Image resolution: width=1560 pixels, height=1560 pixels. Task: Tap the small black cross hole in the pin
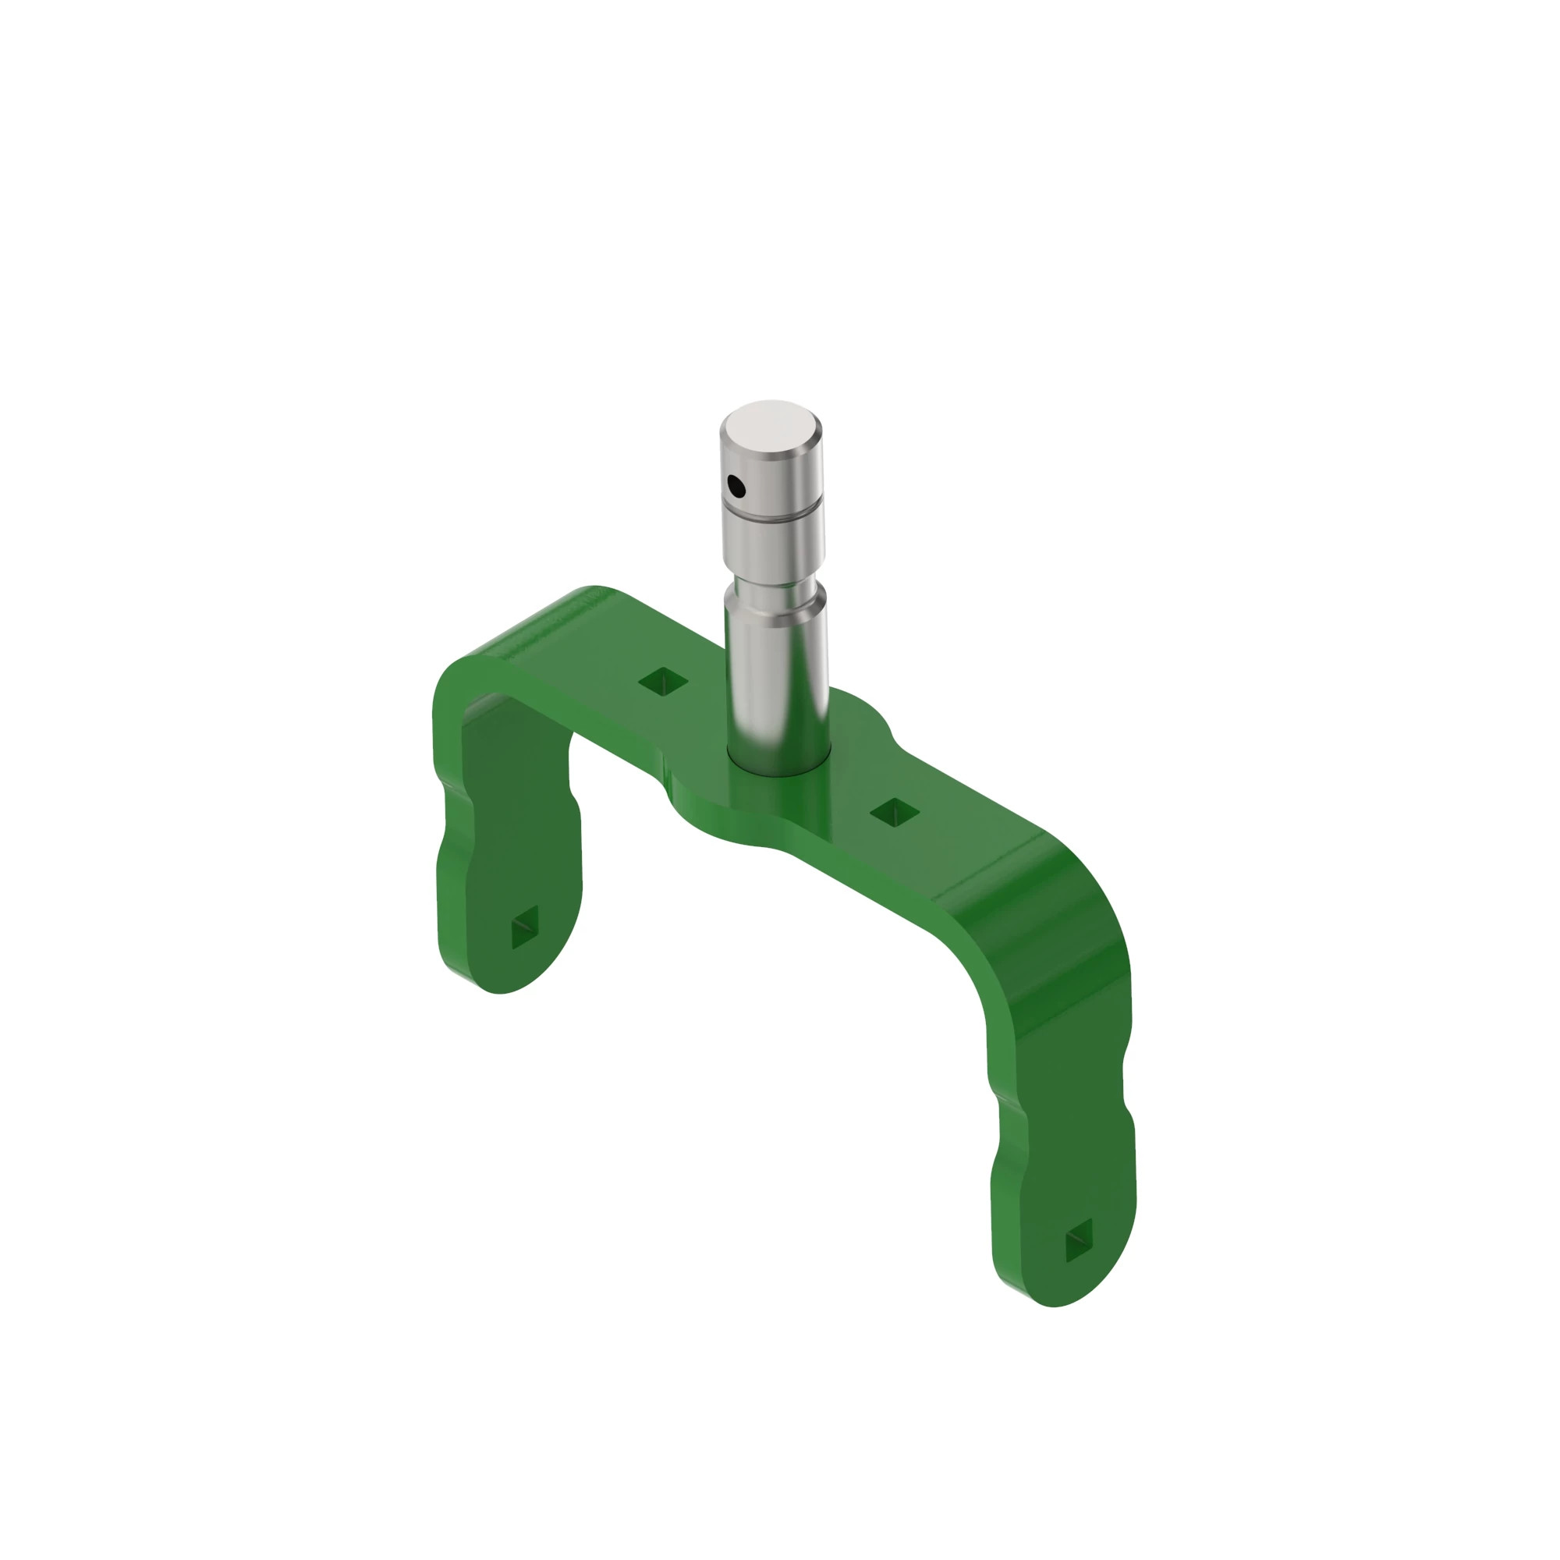point(736,486)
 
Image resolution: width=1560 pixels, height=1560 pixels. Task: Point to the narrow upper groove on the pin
point(773,511)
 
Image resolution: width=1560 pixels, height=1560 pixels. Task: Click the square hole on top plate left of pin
point(663,682)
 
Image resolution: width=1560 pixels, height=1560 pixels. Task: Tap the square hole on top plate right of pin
point(895,812)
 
